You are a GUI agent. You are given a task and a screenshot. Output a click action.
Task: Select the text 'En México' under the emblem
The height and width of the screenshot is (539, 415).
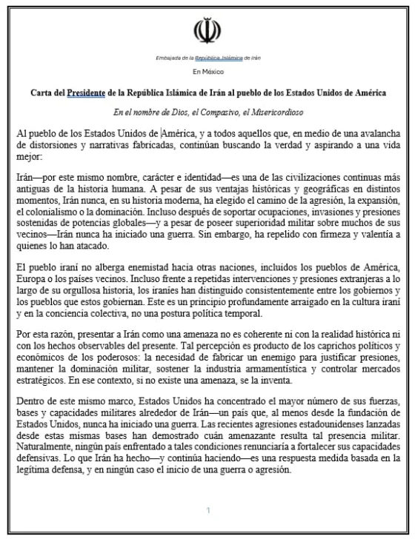pyautogui.click(x=207, y=72)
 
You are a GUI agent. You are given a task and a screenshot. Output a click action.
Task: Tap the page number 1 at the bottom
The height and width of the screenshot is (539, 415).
pyautogui.click(x=208, y=510)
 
